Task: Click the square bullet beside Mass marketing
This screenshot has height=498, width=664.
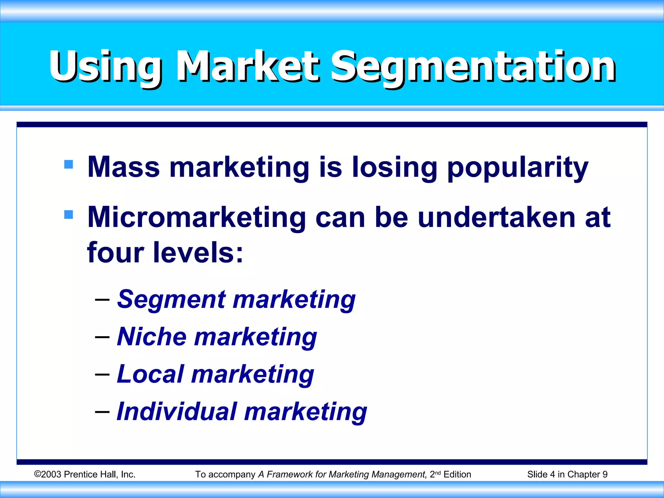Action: (x=69, y=164)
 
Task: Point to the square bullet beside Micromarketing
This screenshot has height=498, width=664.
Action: (x=69, y=214)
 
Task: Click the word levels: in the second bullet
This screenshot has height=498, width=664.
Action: (x=198, y=253)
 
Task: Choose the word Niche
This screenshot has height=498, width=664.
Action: (x=151, y=337)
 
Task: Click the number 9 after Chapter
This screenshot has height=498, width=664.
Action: (x=605, y=474)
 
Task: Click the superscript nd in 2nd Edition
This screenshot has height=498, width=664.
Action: (x=438, y=473)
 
